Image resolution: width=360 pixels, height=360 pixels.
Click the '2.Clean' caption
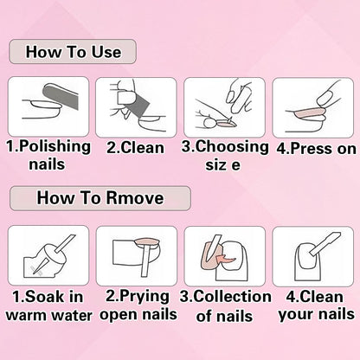point(135,146)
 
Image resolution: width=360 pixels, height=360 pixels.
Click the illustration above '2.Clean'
point(135,103)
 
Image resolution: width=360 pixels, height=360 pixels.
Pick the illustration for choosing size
point(223,103)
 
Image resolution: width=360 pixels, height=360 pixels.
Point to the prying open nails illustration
point(135,254)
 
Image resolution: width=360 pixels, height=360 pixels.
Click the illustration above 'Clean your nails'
point(313,254)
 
